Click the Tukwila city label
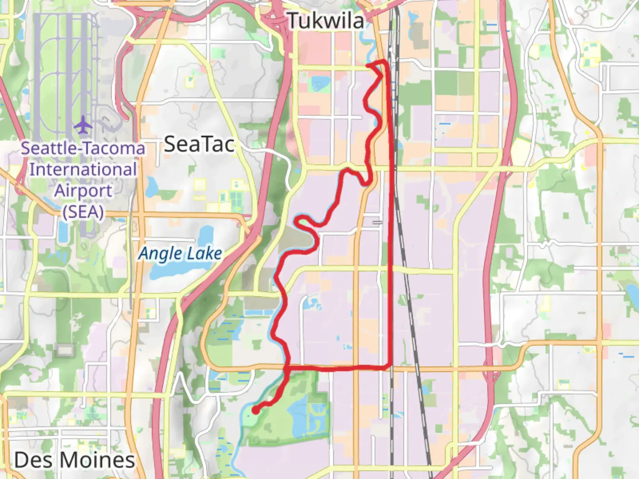326,21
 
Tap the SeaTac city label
199,144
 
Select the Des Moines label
75,460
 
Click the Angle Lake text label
180,254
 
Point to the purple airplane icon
83,125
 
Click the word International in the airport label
83,169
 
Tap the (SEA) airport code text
83,212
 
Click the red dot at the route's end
256,411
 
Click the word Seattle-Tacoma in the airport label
83,148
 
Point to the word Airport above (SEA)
83,191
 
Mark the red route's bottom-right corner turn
390,367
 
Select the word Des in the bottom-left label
29,460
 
